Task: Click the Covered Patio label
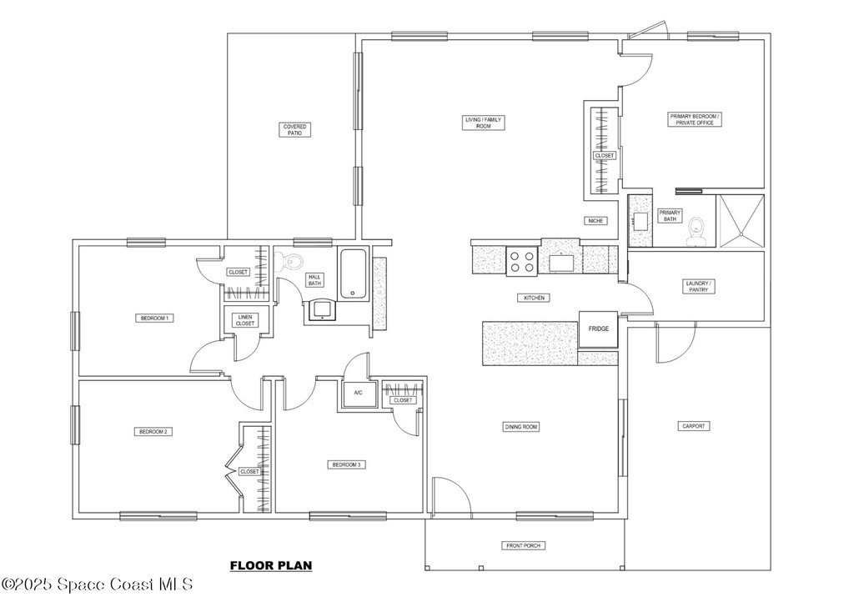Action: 294,129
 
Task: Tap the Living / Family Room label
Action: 483,123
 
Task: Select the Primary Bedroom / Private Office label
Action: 695,119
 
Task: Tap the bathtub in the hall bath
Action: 354,273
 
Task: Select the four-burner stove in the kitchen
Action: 522,261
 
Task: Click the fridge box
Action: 598,329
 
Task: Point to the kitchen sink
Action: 561,263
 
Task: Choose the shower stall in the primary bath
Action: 741,220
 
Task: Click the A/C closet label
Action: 359,393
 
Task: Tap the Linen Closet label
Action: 245,320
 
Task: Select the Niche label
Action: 595,220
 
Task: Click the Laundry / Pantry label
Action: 698,286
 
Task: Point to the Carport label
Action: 694,426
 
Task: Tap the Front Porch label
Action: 523,545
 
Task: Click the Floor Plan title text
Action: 271,565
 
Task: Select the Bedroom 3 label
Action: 346,464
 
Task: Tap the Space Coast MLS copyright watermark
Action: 97,584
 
